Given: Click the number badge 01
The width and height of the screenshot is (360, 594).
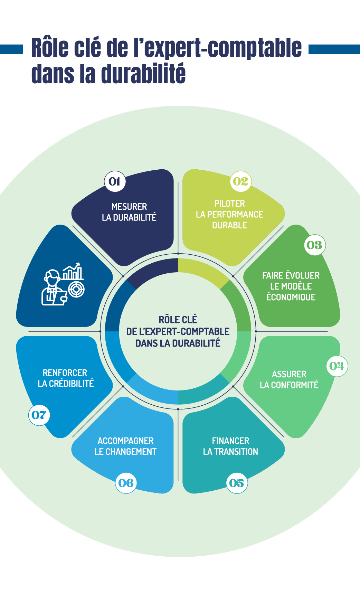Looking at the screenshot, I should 115,181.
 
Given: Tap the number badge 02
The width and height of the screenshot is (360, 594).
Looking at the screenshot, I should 241,181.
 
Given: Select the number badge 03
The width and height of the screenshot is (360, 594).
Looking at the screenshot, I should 315,245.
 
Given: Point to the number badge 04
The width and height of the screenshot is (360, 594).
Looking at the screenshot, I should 337,366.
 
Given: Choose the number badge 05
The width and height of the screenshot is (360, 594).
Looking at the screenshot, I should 237,483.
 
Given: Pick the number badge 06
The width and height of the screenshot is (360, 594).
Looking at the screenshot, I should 126,483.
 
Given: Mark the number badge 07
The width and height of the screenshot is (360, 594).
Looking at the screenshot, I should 39,415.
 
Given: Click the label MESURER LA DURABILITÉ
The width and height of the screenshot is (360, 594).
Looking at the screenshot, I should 129,212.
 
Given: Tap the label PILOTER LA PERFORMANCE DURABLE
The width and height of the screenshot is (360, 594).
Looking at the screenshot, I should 229,214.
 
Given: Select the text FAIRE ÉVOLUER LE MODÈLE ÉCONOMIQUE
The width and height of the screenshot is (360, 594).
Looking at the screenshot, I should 291,286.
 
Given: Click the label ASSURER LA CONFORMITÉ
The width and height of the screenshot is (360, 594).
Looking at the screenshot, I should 289,379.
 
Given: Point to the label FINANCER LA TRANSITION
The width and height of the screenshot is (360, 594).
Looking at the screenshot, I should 230,446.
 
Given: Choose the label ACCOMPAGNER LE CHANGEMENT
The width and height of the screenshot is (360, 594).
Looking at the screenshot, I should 125,446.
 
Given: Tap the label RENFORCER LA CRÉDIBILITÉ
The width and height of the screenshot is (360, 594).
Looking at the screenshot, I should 65,378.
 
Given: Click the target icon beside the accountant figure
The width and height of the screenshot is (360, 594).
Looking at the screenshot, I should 76,289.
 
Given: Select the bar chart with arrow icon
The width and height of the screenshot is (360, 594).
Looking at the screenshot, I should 73,272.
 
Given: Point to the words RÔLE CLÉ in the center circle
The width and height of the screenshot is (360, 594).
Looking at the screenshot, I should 178,320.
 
